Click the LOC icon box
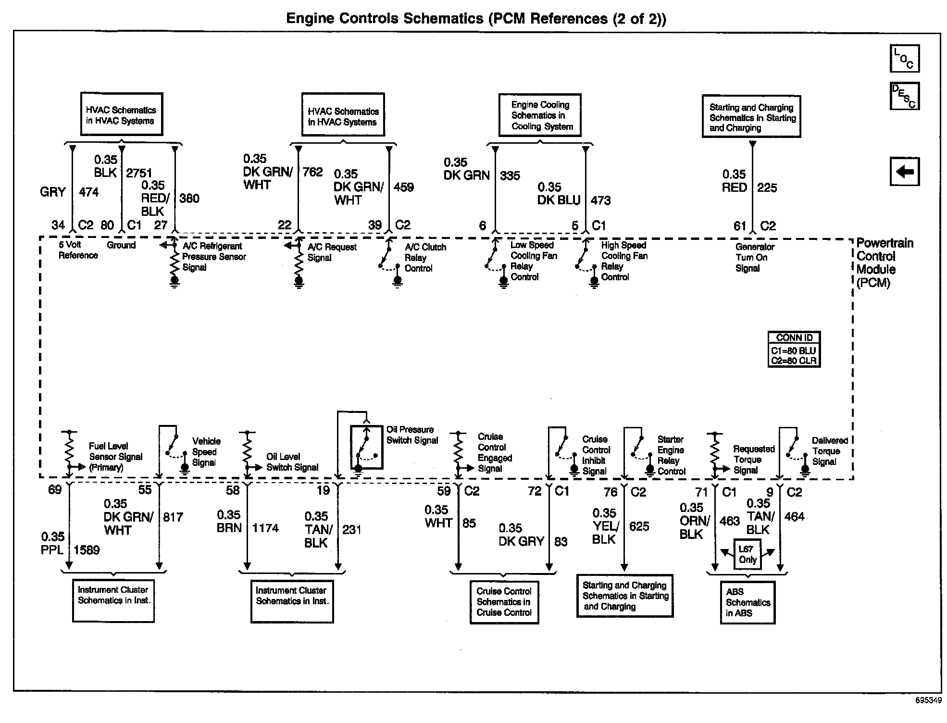coord(904,58)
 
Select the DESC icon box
coord(904,96)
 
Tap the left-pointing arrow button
coord(904,171)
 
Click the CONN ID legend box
coord(794,349)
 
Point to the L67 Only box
coord(748,554)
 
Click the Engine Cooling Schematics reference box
coord(540,115)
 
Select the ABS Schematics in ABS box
coord(748,602)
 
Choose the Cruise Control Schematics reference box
coord(504,602)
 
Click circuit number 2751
coord(139,173)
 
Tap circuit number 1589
coord(87,550)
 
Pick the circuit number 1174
coord(265,528)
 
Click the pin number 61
coord(739,226)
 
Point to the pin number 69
coord(55,490)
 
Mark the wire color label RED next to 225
coord(734,188)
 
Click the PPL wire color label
coord(52,549)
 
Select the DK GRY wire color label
coord(521,541)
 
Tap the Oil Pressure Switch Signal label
coord(412,435)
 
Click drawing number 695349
coord(928,700)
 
